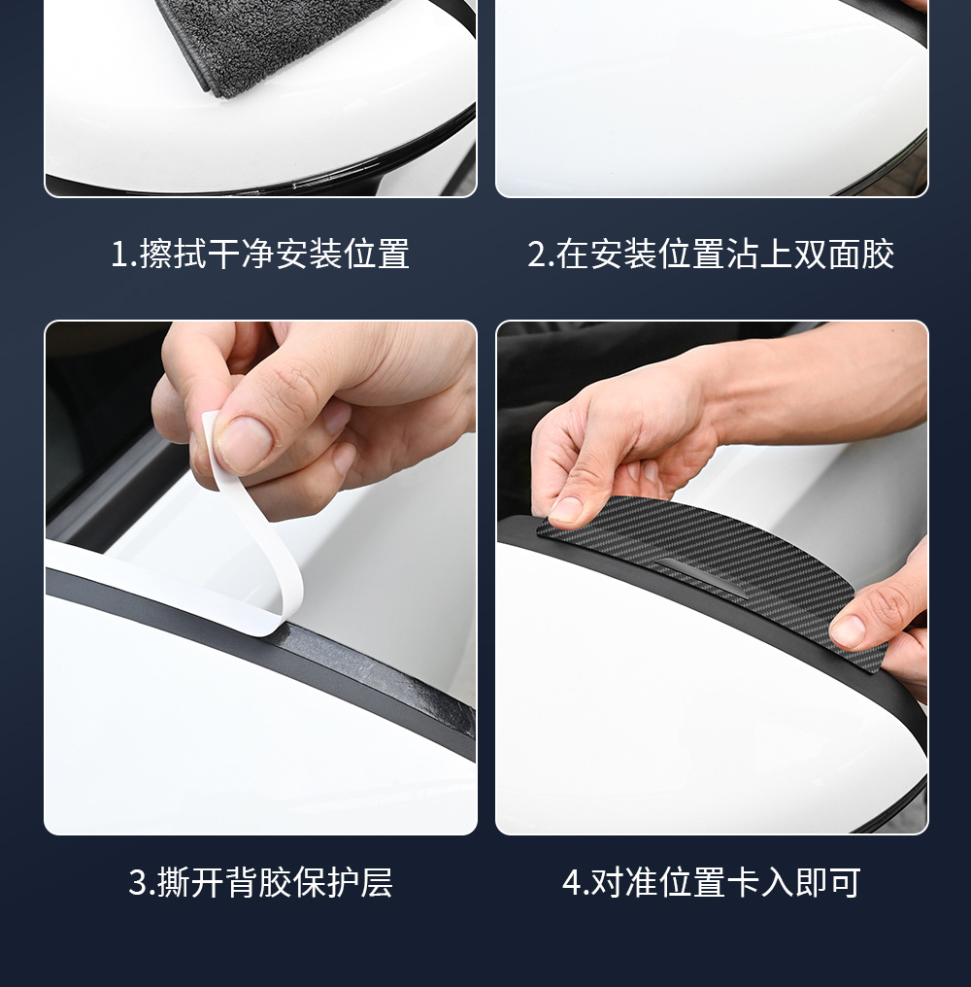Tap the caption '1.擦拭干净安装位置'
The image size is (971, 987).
point(260,255)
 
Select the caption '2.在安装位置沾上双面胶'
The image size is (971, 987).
point(711,255)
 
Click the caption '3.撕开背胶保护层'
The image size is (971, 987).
point(260,882)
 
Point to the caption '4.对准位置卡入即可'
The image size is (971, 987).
point(711,882)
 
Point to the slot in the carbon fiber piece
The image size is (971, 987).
point(702,576)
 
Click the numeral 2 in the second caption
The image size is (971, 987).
point(537,255)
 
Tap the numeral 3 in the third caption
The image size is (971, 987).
point(137,882)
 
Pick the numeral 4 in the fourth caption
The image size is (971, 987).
point(571,882)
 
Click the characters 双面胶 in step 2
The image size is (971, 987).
point(843,255)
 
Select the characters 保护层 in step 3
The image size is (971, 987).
point(343,882)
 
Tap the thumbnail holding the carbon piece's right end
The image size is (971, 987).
point(851,630)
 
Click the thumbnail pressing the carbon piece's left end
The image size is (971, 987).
point(570,509)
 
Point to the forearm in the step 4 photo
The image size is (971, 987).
point(819,391)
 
